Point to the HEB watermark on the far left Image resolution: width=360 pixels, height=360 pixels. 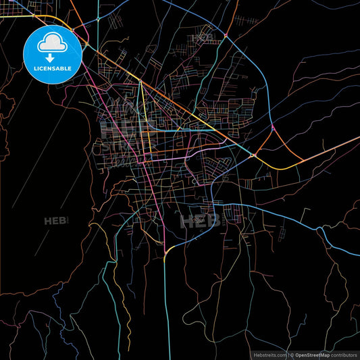[x=57, y=221]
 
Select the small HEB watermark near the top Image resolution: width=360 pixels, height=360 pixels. [x=202, y=37]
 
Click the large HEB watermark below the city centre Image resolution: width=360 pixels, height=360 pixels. [x=200, y=220]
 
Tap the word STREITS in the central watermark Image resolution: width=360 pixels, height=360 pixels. [x=128, y=145]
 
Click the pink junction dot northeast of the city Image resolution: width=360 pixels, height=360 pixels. [x=272, y=126]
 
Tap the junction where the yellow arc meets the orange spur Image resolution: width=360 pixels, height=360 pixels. [x=253, y=155]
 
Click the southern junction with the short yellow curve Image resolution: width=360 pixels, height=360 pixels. [x=165, y=253]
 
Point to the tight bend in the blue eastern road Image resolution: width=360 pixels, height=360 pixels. [x=323, y=233]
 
